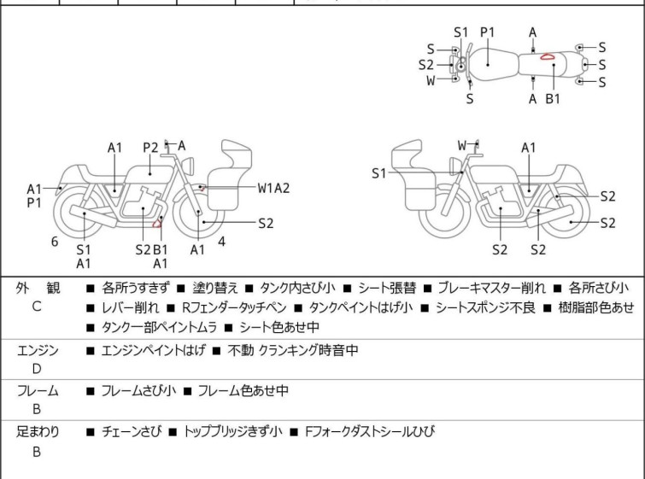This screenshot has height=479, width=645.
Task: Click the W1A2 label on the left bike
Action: click(x=273, y=188)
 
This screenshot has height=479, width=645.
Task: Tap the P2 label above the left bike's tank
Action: click(x=150, y=148)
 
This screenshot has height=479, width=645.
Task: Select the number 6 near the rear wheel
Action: click(x=55, y=242)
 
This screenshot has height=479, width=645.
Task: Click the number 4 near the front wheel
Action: click(x=221, y=242)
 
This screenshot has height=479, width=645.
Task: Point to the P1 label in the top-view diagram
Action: click(x=488, y=32)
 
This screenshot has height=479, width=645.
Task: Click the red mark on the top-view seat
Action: click(x=547, y=56)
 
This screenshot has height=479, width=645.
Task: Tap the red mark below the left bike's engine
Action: click(x=156, y=223)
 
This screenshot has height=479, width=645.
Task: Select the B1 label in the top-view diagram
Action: click(x=553, y=99)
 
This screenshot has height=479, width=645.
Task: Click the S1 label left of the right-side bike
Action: click(x=378, y=173)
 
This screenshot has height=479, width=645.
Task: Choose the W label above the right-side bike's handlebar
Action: click(x=462, y=145)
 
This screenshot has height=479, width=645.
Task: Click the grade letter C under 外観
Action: click(x=37, y=307)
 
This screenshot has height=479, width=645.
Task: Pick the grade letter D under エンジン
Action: click(x=37, y=369)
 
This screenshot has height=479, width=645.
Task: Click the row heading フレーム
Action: click(x=38, y=390)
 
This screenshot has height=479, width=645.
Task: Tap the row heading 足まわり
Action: click(x=38, y=432)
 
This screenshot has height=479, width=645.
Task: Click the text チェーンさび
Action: click(x=132, y=432)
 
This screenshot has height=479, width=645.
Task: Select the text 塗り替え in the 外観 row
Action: click(x=215, y=288)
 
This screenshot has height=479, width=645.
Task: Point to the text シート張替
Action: click(x=387, y=288)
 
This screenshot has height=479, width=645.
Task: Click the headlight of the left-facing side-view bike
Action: click(x=189, y=166)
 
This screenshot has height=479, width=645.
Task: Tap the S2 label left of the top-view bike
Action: click(x=425, y=65)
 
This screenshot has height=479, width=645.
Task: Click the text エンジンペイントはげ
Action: click(x=153, y=350)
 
